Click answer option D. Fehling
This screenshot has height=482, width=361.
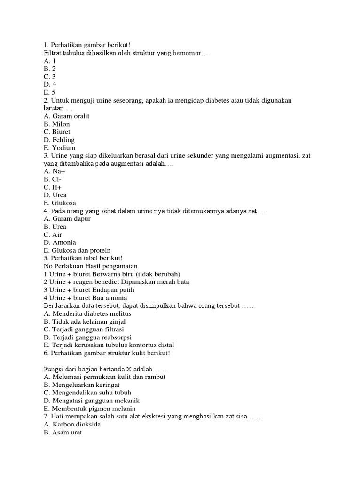pyautogui.click(x=59, y=140)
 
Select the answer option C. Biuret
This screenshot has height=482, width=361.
pyautogui.click(x=57, y=132)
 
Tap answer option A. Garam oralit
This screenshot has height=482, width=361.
pyautogui.click(x=66, y=116)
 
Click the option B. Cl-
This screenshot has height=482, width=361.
pyautogui.click(x=52, y=179)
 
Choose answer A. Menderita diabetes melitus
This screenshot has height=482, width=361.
pyautogui.click(x=87, y=313)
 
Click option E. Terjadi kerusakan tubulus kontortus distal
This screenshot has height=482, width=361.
pyautogui.click(x=109, y=345)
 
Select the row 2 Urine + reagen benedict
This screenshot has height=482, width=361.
pyautogui.click(x=116, y=282)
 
